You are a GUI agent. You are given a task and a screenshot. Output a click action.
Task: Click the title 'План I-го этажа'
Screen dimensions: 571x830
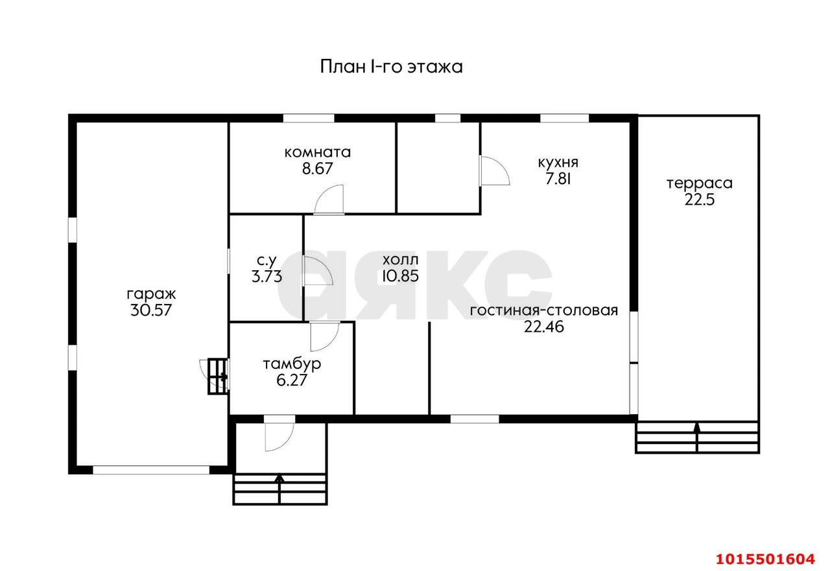point(391,67)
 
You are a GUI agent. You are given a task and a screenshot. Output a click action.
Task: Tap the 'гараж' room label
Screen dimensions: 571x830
point(151,293)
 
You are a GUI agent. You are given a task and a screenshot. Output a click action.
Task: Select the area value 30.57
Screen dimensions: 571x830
point(151,310)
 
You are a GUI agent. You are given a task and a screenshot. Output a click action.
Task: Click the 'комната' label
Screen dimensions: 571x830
point(318,152)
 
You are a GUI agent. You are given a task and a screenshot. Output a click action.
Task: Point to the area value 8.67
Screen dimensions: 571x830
point(318,169)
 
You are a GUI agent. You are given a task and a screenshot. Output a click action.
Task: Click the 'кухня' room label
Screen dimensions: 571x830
point(558,163)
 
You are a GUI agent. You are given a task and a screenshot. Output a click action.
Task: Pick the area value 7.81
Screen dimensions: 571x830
point(558,180)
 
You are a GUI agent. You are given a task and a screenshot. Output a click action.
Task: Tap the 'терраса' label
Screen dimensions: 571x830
point(700,183)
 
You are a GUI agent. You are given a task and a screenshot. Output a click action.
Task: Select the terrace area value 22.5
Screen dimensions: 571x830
point(700,200)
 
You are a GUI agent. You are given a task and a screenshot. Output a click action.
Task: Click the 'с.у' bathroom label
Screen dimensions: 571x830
point(267,261)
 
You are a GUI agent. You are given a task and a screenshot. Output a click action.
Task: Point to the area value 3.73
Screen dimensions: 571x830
point(267,277)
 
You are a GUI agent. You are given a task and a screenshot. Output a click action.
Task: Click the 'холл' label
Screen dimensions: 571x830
point(400,259)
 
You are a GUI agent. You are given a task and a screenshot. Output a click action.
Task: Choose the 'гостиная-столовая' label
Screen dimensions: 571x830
point(544,310)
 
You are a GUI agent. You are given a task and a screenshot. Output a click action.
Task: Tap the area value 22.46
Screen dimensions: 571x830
point(544,327)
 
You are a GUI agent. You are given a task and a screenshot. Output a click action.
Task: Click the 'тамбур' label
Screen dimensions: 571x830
point(292,364)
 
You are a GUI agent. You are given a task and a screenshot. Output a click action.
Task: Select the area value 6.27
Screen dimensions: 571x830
point(292,380)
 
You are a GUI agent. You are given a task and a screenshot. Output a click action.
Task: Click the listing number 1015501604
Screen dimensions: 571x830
point(764,559)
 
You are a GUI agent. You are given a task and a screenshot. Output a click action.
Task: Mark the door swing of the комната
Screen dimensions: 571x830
point(329,200)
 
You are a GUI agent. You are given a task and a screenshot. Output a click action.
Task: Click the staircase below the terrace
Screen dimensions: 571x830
point(697,437)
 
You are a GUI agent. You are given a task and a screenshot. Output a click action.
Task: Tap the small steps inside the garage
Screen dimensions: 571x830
point(217,377)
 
